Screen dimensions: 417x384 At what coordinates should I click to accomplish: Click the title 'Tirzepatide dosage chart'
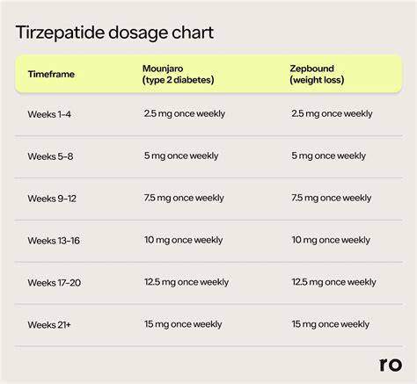114,33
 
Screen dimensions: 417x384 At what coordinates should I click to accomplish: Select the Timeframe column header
51,74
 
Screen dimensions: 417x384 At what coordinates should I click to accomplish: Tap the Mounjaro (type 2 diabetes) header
178,74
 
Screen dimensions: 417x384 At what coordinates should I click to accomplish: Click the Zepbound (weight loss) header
317,74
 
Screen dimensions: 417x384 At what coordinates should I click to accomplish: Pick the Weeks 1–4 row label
49,114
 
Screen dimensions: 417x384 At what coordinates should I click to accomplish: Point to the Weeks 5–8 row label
50,156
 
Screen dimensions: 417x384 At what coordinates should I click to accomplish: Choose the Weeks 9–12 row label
52,199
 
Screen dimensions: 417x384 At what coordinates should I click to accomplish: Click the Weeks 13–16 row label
54,241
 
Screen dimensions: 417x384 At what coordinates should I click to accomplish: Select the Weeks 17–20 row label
55,283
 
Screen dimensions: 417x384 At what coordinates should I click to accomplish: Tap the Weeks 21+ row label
49,325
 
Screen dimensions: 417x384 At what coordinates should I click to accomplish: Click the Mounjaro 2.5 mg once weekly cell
185,114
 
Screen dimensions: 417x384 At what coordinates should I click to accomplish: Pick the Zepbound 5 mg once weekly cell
328,156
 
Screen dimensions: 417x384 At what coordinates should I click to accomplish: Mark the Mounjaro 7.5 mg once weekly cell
184,199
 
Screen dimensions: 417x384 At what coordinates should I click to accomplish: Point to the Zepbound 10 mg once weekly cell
331,241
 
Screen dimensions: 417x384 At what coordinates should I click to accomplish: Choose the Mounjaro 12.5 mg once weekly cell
187,283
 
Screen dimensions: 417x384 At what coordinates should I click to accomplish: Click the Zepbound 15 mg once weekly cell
331,324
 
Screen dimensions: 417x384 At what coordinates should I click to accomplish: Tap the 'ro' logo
391,365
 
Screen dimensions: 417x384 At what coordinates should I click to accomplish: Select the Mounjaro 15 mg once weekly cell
183,324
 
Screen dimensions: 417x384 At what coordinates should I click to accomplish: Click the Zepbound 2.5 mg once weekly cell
332,114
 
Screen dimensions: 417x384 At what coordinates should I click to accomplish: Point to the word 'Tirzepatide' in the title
60,33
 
